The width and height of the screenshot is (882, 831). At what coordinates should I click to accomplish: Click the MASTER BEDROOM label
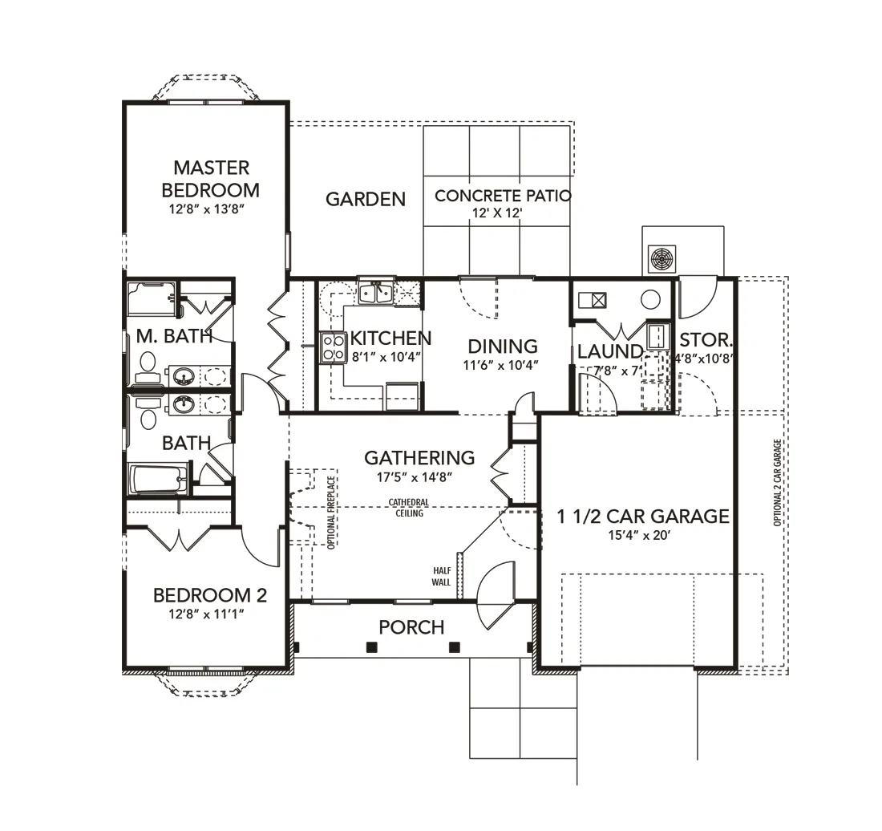click(211, 179)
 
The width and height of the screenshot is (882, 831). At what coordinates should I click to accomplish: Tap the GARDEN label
click(366, 199)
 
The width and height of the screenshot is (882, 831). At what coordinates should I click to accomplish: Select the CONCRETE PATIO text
click(503, 196)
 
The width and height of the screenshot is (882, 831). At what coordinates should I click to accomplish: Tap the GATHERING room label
click(419, 458)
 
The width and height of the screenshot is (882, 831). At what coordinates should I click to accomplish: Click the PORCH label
click(411, 626)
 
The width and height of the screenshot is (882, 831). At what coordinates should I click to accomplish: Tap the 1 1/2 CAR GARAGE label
click(643, 516)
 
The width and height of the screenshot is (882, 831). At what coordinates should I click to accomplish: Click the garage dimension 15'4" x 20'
click(639, 535)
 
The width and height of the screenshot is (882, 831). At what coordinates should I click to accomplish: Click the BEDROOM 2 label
click(210, 595)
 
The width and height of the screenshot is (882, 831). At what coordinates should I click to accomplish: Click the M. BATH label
click(174, 336)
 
